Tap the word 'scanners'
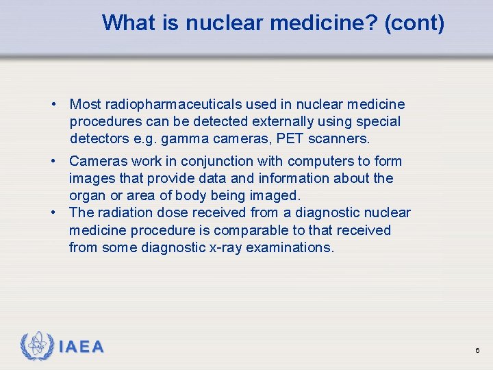click(340, 138)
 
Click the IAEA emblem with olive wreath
click(37, 347)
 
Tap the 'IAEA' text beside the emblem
click(81, 347)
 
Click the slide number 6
click(477, 351)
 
